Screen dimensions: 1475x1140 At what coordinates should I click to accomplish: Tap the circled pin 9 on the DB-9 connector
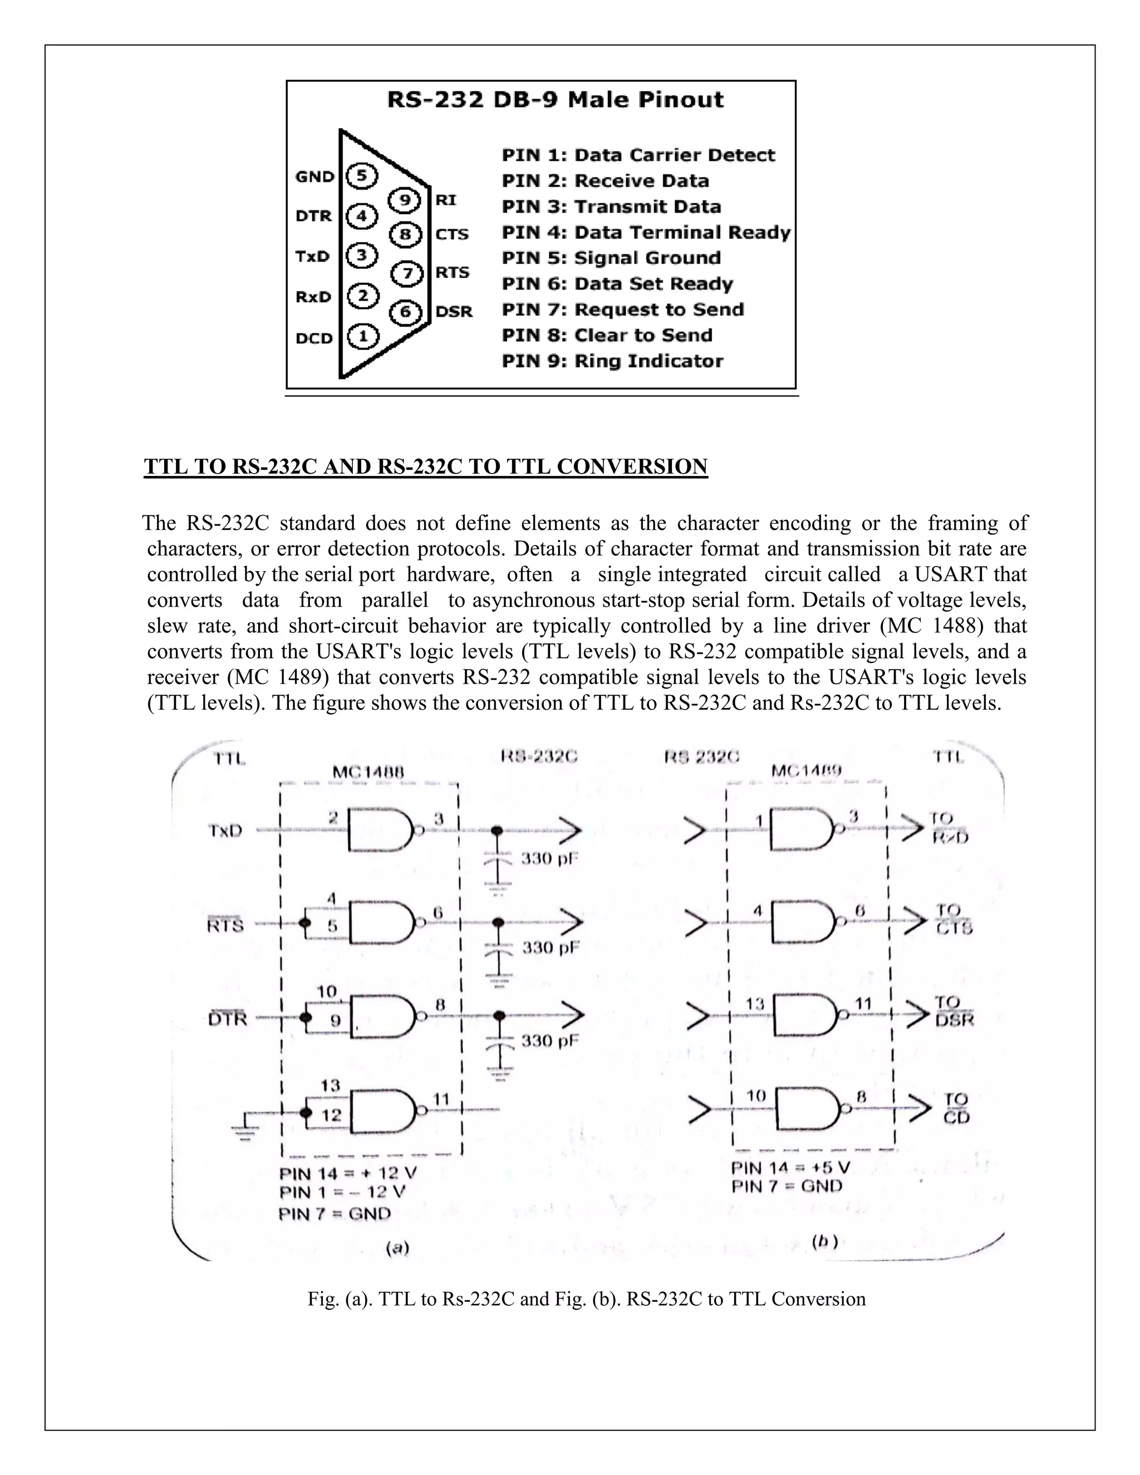405,200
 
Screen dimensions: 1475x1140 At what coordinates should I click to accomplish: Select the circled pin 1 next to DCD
363,336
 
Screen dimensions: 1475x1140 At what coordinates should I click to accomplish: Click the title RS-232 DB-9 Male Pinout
554,100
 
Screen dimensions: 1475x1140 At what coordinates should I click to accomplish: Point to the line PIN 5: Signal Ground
611,258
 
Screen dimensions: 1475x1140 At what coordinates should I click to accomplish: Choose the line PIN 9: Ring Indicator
612,361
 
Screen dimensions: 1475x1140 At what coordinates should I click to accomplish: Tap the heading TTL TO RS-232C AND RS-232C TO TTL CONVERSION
425,466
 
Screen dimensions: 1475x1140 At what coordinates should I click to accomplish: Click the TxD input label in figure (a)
225,830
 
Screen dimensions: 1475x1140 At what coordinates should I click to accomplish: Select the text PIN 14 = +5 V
790,1168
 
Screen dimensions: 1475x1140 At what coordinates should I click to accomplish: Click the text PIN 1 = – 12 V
342,1192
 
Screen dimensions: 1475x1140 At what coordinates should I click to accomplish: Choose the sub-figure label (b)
824,1241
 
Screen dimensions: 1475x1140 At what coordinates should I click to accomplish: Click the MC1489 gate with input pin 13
804,1015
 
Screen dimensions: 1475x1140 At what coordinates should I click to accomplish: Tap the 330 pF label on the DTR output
550,1041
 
